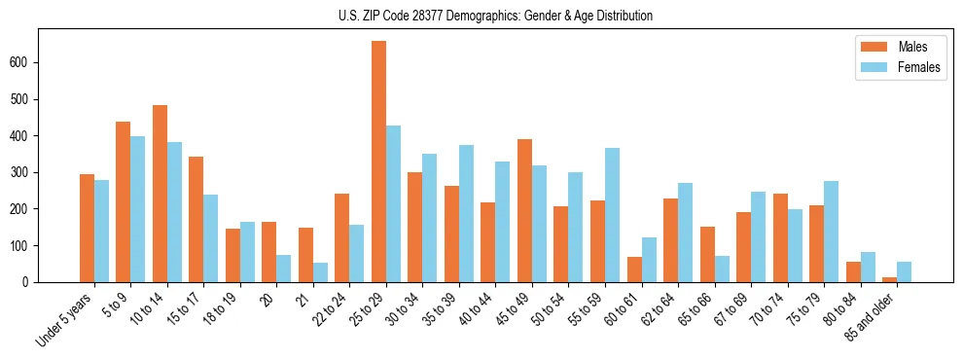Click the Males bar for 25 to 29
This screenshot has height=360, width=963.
click(x=379, y=162)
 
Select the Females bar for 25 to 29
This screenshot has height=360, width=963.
click(x=394, y=204)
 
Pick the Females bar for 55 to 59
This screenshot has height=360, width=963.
click(x=613, y=215)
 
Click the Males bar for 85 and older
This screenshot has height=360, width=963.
click(x=890, y=279)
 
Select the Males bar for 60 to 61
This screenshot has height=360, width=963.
click(x=634, y=270)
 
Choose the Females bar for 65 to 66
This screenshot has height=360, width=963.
click(x=722, y=270)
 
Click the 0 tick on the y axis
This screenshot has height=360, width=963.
click(x=32, y=282)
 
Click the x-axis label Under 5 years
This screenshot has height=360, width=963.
click(x=65, y=318)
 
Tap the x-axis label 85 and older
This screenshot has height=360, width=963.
click(x=871, y=316)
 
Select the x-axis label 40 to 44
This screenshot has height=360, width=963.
click(x=470, y=310)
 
